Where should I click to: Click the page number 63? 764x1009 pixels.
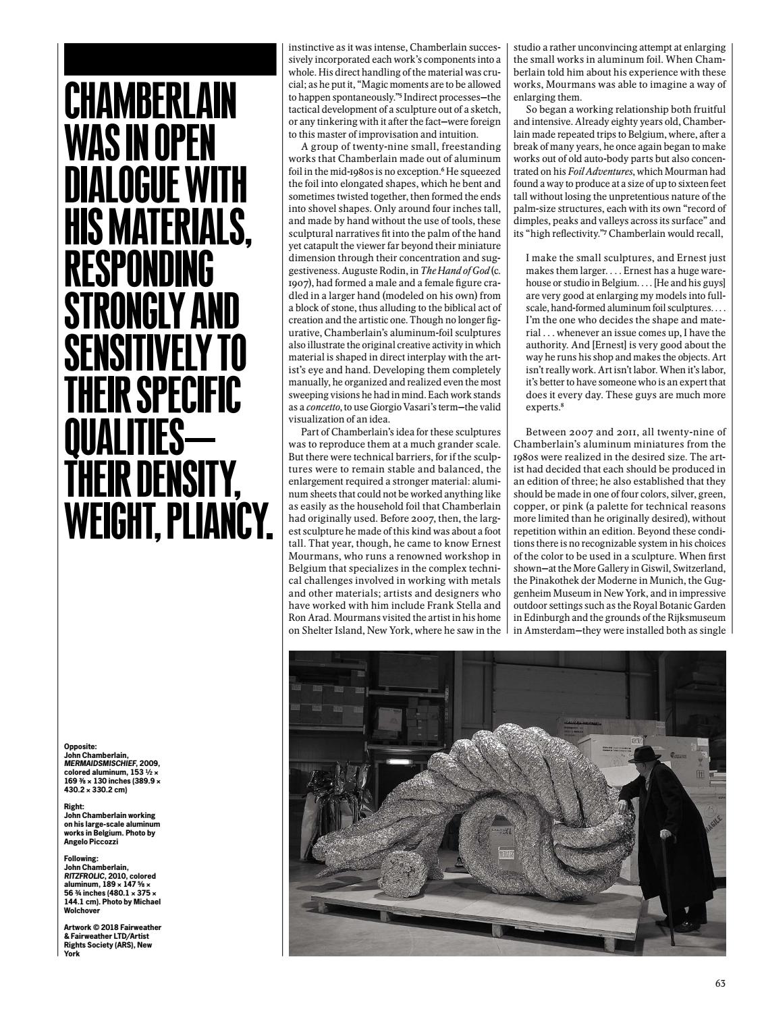[720, 983]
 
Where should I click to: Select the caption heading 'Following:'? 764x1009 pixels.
[81, 840]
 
